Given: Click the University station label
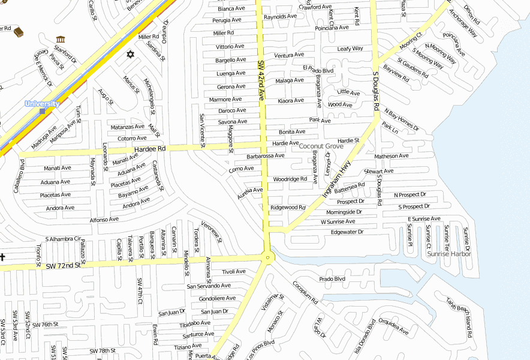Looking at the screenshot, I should tap(42, 104).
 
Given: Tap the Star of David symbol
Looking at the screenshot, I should tap(130, 55).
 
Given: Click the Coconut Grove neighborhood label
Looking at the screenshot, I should tap(321, 146).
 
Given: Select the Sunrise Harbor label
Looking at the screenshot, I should tap(449, 254).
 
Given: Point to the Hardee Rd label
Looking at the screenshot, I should tap(150, 149).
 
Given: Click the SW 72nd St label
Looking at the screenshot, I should tap(63, 265).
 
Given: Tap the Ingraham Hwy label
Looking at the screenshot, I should tap(336, 179).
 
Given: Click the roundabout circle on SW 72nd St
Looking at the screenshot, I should tap(267, 257).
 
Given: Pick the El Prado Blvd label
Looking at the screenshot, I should tap(318, 70).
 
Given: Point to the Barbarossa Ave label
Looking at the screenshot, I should tap(266, 156).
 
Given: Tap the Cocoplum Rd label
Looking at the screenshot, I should tap(305, 292).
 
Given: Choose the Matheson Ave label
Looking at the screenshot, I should tap(391, 156).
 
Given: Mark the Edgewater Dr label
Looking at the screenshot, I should tap(347, 232).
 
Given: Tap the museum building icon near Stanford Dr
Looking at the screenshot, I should tap(60, 40).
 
